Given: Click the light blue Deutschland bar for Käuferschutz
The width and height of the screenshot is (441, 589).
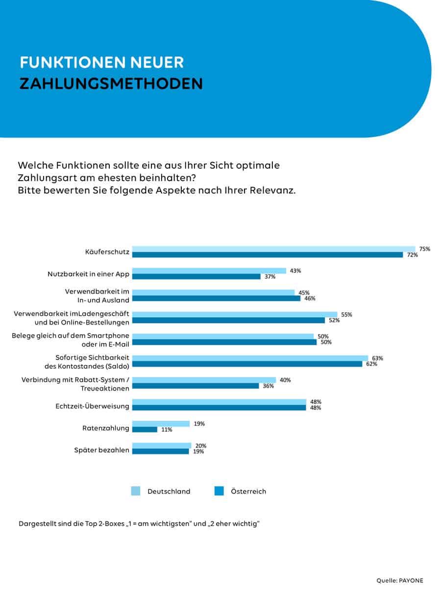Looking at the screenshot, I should [x=273, y=249].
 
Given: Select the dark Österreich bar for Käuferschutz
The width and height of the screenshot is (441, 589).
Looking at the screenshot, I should [x=268, y=255].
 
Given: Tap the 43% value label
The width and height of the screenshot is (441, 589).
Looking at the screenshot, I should [x=295, y=270].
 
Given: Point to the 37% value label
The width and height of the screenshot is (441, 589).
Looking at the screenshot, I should [x=270, y=276].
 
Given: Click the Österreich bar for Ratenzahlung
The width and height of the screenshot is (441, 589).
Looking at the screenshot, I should [x=145, y=429].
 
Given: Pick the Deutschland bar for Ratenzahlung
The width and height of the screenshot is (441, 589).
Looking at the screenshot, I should [x=161, y=424].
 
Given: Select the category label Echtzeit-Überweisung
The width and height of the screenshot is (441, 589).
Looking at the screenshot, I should [x=93, y=406].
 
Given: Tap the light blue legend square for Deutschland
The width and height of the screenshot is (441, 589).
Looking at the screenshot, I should [x=136, y=491].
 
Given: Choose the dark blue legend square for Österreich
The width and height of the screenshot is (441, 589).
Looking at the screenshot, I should [x=219, y=491].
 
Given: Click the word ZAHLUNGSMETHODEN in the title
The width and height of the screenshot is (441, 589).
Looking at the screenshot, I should [x=111, y=83].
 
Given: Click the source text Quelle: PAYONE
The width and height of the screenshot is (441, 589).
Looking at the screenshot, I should [x=400, y=580].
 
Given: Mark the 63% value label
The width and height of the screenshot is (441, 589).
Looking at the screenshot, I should [x=377, y=358].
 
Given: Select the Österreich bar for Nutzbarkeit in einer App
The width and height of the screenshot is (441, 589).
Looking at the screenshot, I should [x=196, y=276].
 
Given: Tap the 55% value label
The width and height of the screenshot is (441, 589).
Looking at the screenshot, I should [x=347, y=315].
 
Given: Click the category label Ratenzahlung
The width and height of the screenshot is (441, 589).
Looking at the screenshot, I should [x=106, y=428].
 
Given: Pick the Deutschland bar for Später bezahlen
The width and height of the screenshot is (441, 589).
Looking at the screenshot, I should [x=162, y=446].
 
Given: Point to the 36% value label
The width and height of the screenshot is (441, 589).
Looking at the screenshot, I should [x=268, y=386].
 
